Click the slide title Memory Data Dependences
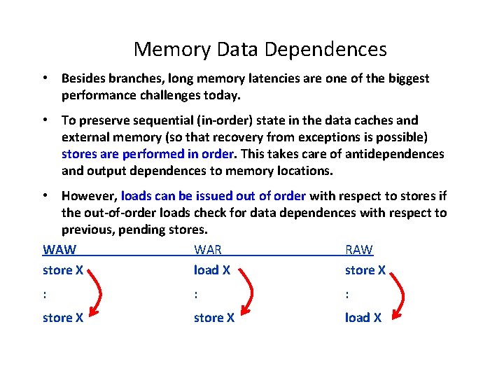(x=260, y=49)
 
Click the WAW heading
(x=59, y=250)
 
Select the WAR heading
(x=208, y=250)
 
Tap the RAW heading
(x=359, y=250)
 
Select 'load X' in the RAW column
(x=363, y=318)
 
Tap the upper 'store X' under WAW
(x=63, y=270)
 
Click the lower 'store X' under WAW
(x=63, y=318)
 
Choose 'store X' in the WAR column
(x=214, y=318)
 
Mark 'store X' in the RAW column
(x=365, y=270)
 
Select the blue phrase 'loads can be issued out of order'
(x=213, y=196)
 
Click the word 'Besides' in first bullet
(x=83, y=78)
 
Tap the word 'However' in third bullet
(x=89, y=196)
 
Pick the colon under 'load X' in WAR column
(x=196, y=294)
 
